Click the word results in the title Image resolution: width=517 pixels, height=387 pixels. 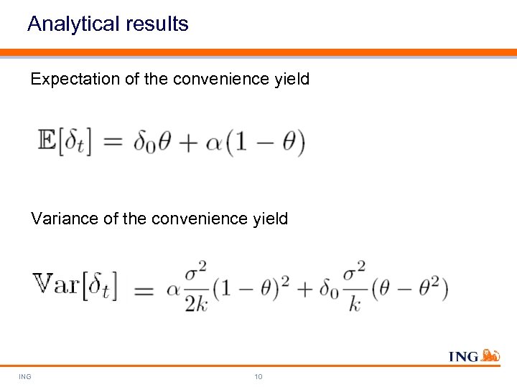pos(157,24)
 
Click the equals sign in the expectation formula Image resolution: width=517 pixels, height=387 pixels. pos(113,143)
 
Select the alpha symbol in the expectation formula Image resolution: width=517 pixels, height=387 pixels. pos(214,143)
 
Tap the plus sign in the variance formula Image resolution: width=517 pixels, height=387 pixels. pos(307,290)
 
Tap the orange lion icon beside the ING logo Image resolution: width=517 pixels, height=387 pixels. pos(490,355)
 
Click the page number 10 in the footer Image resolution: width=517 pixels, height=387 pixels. pos(258,376)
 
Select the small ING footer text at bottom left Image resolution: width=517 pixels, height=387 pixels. pos(25,376)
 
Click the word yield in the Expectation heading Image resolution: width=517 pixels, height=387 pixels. pos(292,80)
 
